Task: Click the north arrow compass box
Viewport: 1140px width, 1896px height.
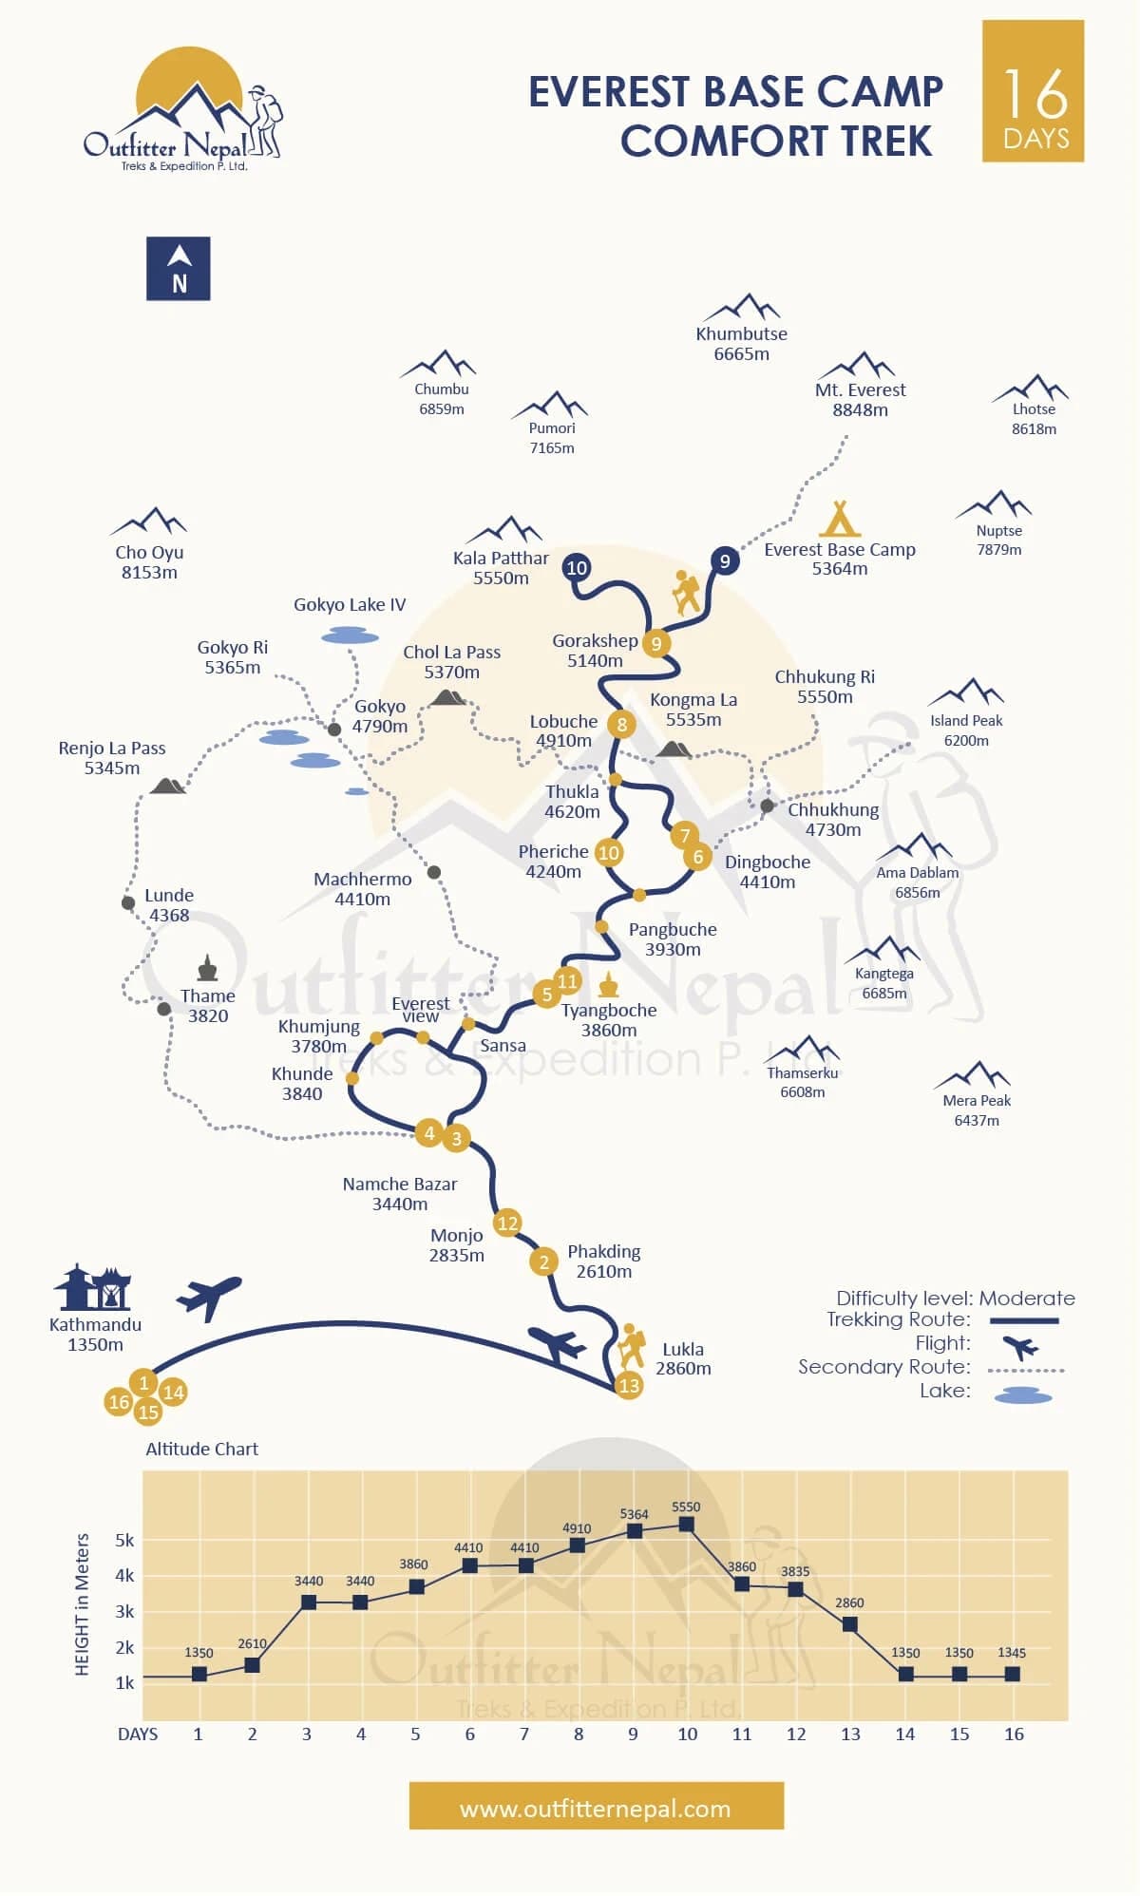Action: point(179,269)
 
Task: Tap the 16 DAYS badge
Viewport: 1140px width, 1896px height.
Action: point(1033,91)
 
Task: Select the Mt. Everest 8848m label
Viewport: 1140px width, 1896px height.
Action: point(860,400)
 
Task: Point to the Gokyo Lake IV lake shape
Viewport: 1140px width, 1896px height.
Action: point(350,635)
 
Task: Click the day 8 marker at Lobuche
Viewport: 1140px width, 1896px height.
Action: point(621,725)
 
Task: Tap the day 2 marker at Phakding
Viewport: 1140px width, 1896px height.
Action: point(544,1261)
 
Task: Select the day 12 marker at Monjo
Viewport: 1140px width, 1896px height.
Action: point(507,1223)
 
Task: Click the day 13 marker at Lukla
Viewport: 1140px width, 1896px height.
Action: point(629,1385)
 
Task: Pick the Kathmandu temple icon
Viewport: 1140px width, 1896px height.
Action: point(92,1288)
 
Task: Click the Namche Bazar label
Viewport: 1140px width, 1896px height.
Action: point(400,1194)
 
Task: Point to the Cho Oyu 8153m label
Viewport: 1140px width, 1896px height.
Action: point(149,562)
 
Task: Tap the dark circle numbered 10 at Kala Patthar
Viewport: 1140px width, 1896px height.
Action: point(577,568)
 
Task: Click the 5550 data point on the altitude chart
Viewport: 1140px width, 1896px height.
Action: point(686,1525)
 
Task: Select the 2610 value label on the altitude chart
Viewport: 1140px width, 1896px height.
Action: point(252,1643)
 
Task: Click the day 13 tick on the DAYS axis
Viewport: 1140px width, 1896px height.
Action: point(850,1734)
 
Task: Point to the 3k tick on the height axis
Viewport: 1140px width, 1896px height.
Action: point(124,1612)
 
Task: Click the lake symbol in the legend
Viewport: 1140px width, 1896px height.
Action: point(1023,1395)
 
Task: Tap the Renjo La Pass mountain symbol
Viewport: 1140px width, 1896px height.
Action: point(168,786)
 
